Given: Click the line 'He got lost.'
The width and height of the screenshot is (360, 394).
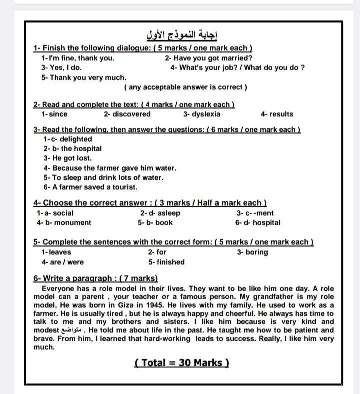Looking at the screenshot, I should tap(68, 158).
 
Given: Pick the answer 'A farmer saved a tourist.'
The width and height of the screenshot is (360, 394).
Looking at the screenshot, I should tap(90, 187).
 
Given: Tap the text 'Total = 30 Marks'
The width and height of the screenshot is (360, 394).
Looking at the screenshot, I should tap(182, 363).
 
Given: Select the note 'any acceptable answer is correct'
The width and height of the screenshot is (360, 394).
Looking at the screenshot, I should tap(185, 87).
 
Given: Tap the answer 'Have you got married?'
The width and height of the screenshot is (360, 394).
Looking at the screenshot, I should tap(208, 58).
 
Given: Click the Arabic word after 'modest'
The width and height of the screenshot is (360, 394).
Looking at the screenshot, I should tap(71, 331).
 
